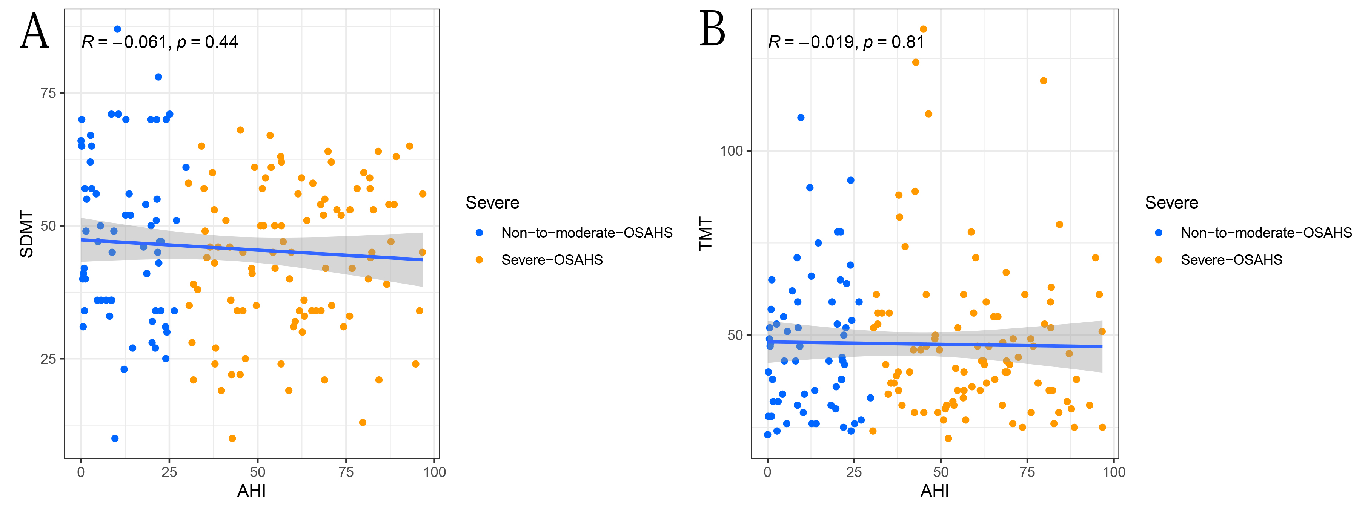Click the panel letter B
pyautogui.click(x=712, y=30)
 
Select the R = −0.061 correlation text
pyautogui.click(x=159, y=42)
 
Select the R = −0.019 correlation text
pyautogui.click(x=846, y=42)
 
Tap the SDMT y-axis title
pyautogui.click(x=26, y=233)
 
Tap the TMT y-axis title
pyautogui.click(x=705, y=233)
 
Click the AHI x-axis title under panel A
pyautogui.click(x=251, y=491)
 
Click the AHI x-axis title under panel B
pyautogui.click(x=935, y=491)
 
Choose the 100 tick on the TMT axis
pyautogui.click(x=731, y=151)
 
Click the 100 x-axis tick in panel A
pyautogui.click(x=434, y=472)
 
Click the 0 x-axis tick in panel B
pyautogui.click(x=767, y=472)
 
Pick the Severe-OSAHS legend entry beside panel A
pyautogui.click(x=552, y=259)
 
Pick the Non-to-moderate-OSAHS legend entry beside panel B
pyautogui.click(x=1266, y=233)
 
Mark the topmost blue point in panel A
pyautogui.click(x=117, y=29)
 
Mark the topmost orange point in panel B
pyautogui.click(x=924, y=29)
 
